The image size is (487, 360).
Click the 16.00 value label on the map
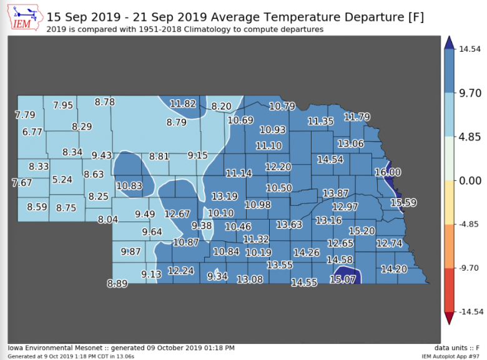387,172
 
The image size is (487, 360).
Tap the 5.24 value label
62,179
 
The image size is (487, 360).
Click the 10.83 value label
129,185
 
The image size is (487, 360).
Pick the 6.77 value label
32,132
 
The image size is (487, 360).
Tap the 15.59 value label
403,202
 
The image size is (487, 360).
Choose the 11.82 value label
183,104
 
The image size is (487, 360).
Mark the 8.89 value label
117,283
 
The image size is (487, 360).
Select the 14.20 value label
393,269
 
